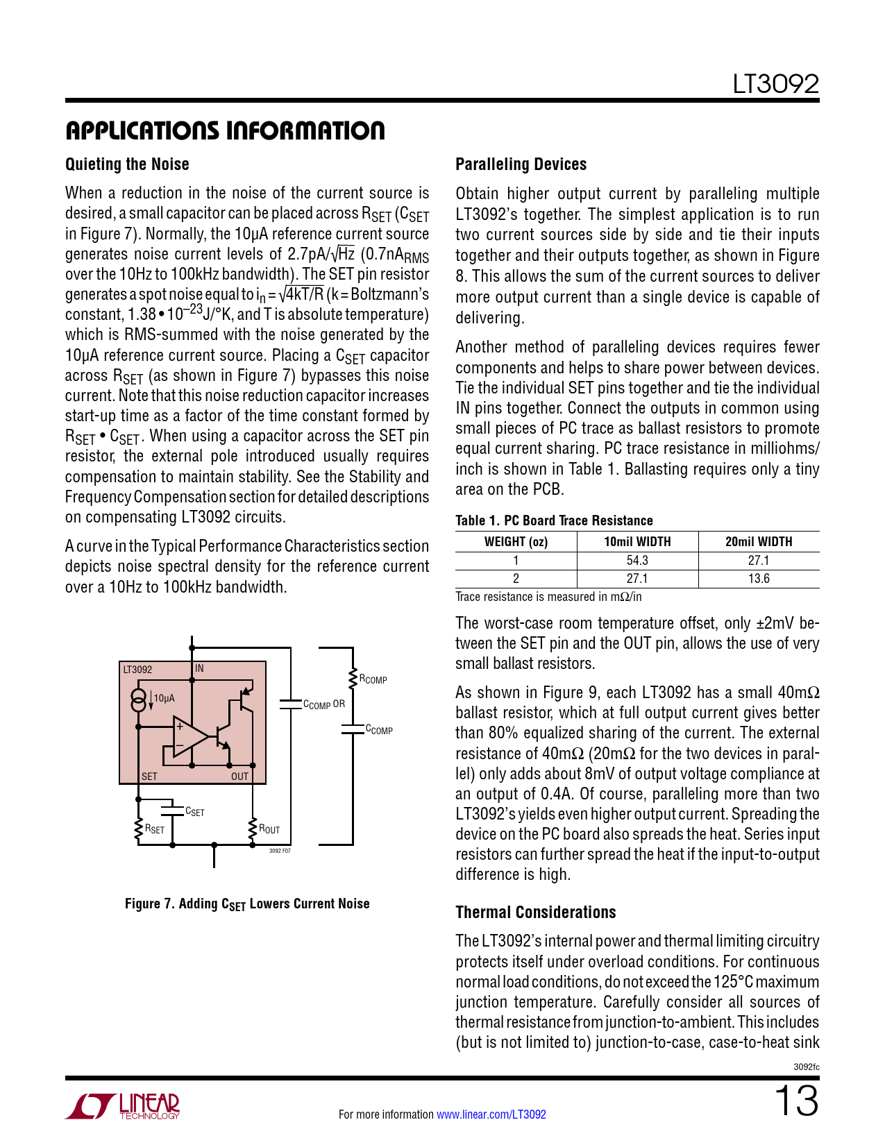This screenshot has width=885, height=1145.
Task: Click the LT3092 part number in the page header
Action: click(775, 85)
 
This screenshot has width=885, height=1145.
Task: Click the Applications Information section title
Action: click(225, 130)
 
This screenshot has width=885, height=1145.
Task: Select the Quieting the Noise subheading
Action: click(127, 164)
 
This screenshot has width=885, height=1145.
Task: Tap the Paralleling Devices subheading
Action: click(521, 164)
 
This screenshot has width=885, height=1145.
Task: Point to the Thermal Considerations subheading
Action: click(535, 913)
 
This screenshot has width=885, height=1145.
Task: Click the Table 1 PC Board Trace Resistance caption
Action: click(554, 520)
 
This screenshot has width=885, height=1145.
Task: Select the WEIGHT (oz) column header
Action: click(516, 542)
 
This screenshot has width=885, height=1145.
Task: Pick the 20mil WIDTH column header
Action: click(758, 542)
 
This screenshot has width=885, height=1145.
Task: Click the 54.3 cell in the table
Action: click(637, 561)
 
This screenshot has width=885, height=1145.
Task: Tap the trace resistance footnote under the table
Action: click(548, 597)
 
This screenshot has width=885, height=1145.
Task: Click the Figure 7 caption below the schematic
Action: click(247, 904)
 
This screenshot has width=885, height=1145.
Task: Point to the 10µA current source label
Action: click(164, 698)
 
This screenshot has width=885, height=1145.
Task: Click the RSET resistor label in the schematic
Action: click(154, 829)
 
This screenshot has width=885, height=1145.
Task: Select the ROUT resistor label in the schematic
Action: click(269, 829)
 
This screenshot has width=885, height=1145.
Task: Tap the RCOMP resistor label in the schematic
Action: click(373, 679)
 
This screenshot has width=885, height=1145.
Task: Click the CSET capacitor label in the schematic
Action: click(194, 812)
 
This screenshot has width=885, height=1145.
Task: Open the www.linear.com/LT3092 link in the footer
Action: click(491, 1114)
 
